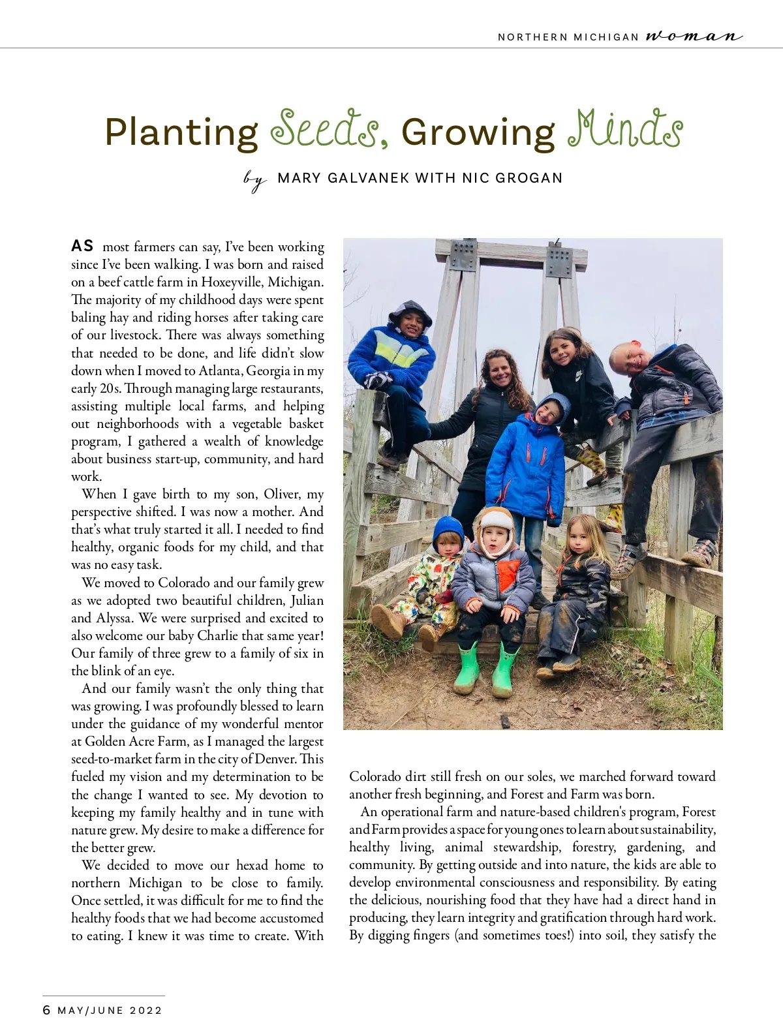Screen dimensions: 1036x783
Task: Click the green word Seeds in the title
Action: tap(324, 129)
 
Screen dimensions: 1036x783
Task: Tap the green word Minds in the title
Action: tap(625, 129)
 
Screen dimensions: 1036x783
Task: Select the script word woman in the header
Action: tap(694, 37)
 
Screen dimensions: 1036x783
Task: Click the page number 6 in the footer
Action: tap(46, 1010)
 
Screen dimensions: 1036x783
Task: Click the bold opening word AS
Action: tap(82, 246)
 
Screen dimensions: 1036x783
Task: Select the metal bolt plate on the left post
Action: tap(463, 255)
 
